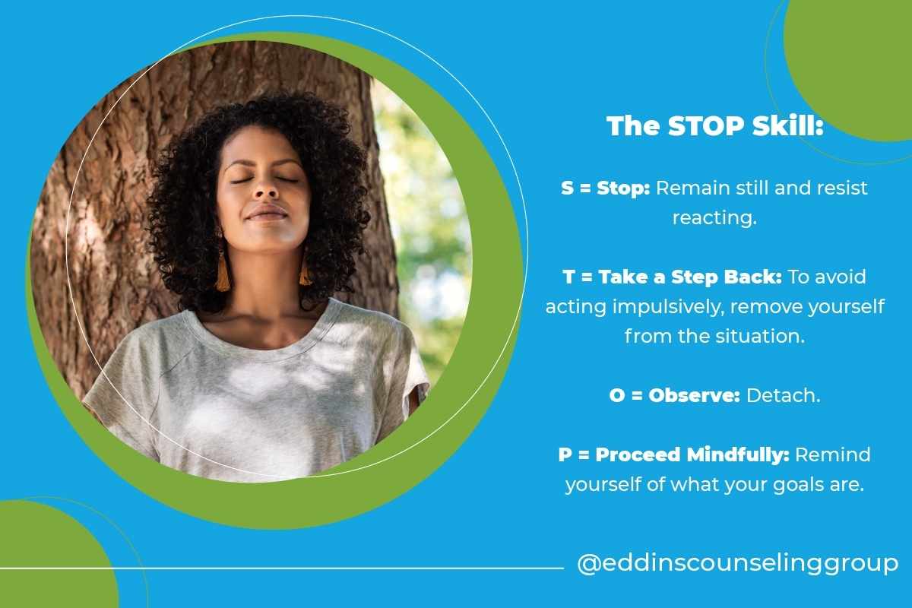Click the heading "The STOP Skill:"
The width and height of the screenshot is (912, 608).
coord(714,127)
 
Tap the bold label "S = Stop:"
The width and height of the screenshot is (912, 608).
coord(605,188)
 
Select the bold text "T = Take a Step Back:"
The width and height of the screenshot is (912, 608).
coord(673,277)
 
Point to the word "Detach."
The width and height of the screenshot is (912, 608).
coord(784,395)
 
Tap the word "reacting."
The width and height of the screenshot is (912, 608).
coord(714,217)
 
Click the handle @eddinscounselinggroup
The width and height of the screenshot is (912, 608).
coord(737,564)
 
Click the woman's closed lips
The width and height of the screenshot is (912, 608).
coord(265,214)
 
